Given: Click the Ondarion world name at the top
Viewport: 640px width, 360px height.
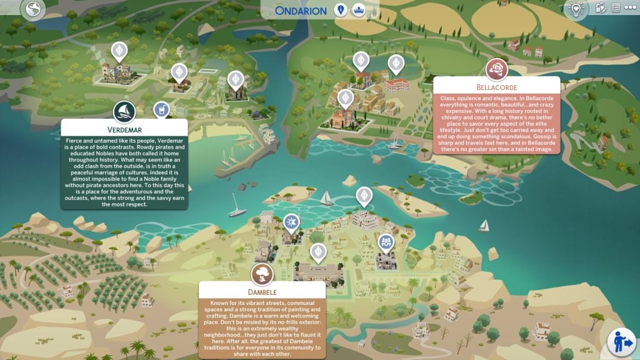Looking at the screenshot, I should (x=301, y=11).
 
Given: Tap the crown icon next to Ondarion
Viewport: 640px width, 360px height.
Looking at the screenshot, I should (x=359, y=11).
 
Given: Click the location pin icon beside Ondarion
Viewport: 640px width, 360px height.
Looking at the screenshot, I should (x=341, y=11).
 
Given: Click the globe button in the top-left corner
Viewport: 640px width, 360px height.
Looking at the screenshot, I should (x=31, y=9).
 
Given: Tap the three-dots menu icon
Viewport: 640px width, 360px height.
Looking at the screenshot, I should (x=629, y=7).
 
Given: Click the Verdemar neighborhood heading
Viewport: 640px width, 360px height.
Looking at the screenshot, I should (x=124, y=129).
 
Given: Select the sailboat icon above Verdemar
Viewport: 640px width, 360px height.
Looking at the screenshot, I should (x=124, y=112).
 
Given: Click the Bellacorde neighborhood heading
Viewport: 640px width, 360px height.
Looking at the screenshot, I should (x=496, y=86).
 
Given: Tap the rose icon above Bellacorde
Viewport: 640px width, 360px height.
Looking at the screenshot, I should (x=496, y=69).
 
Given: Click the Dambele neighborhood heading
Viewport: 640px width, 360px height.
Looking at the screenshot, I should (x=262, y=291).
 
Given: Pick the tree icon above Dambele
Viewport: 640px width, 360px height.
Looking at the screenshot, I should (x=262, y=274).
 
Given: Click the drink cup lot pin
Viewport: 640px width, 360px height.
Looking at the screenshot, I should (x=162, y=110).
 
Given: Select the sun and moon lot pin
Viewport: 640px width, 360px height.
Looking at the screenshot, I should (x=291, y=221).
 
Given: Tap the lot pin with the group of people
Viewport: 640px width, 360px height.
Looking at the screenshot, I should (x=386, y=241).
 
